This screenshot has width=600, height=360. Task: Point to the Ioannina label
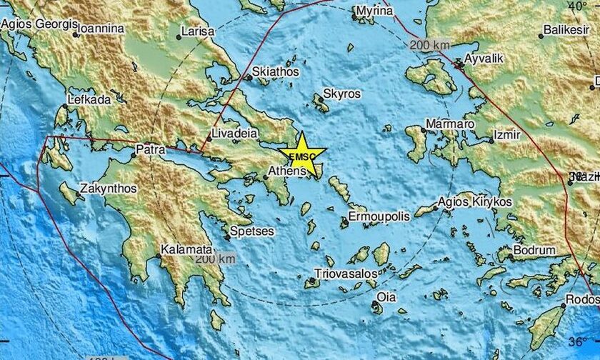pos(101,29)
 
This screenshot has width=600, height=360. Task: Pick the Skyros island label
pos(342,94)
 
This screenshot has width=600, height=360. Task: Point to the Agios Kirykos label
pos(476,202)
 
